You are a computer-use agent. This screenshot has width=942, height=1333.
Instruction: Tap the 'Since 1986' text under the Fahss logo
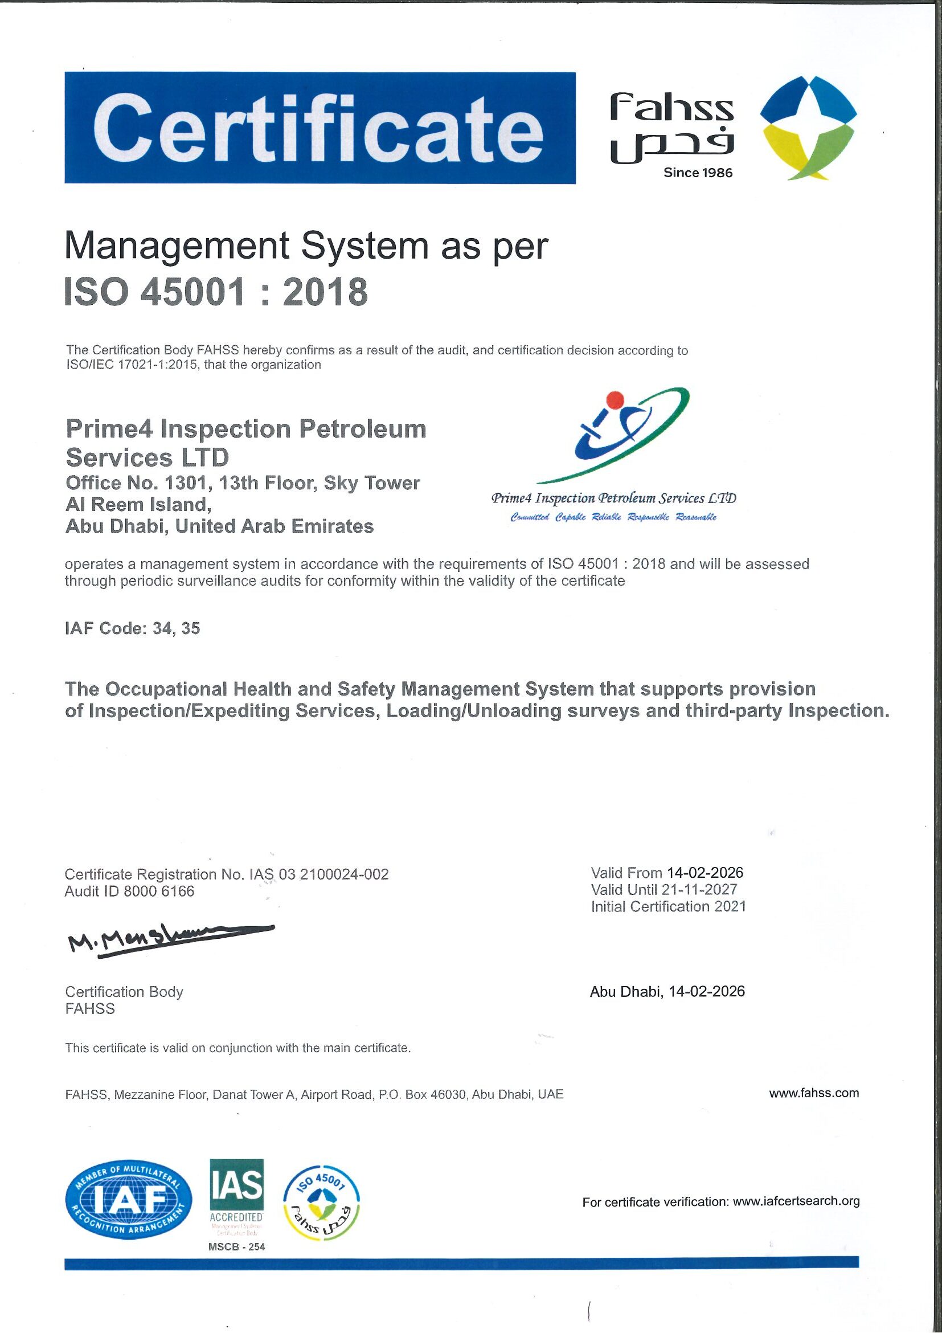click(698, 173)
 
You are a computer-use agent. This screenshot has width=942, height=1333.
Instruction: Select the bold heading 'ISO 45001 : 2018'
click(216, 292)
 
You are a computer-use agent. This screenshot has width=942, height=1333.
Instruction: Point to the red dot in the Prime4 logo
click(614, 399)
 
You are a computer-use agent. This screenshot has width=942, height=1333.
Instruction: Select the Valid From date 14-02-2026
click(705, 873)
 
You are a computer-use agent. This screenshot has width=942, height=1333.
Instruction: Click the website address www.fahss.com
click(814, 1093)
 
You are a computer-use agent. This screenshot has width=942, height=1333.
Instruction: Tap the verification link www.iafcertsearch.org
click(796, 1201)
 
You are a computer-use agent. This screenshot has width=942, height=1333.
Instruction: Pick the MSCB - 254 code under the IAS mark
click(237, 1246)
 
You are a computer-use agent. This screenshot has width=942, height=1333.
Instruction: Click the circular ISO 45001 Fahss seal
click(321, 1203)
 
